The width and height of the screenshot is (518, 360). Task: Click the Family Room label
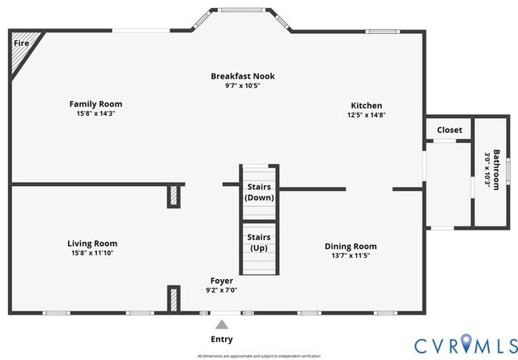tap(96, 104)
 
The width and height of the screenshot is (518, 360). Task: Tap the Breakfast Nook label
tap(243, 76)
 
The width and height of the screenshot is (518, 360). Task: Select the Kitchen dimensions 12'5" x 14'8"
tap(366, 115)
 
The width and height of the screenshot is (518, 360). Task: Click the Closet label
tap(449, 129)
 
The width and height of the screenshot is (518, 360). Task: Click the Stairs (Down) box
tap(260, 192)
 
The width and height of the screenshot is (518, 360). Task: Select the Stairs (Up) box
tap(260, 242)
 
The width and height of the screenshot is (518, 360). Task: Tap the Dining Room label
tap(350, 246)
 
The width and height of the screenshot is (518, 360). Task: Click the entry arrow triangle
tap(222, 324)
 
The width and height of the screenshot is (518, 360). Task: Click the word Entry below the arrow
tap(222, 339)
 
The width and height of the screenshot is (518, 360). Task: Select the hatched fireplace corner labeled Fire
tap(22, 53)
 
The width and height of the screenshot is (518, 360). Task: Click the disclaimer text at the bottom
tap(258, 356)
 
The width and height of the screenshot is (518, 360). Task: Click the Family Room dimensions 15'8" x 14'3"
tap(96, 113)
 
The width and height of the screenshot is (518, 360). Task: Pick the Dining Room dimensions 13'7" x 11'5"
tap(350, 256)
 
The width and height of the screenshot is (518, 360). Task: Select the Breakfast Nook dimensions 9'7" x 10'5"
tap(243, 86)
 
